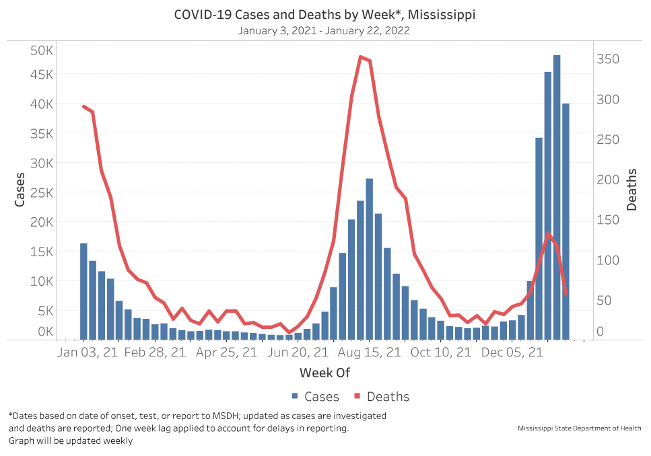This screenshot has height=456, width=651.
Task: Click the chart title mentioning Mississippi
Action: tap(324, 15)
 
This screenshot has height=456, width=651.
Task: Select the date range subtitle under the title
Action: tap(324, 30)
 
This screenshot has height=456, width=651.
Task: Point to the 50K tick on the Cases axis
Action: tap(42, 50)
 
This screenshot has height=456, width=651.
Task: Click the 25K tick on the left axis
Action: tap(42, 192)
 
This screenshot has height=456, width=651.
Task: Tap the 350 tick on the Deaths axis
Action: tap(609, 59)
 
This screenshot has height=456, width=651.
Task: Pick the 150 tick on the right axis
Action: tap(609, 220)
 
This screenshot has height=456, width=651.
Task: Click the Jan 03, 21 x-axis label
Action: tap(88, 352)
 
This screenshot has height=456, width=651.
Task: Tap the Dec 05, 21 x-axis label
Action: tap(513, 352)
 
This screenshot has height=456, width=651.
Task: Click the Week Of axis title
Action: tap(324, 373)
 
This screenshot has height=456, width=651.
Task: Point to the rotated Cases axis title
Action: tap(20, 190)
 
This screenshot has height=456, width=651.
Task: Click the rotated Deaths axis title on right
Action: tap(631, 190)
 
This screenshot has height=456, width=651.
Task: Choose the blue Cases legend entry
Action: tap(315, 397)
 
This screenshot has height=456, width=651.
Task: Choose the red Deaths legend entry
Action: tap(382, 397)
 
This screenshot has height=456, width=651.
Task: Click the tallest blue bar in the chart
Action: tap(557, 198)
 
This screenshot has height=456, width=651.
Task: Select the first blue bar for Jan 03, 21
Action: tap(83, 291)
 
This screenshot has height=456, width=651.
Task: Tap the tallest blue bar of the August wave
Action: tap(369, 259)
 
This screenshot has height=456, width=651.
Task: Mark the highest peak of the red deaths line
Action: tap(361, 57)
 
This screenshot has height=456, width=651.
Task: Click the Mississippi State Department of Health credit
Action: tap(579, 428)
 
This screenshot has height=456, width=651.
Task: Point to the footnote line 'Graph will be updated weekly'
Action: tap(71, 441)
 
